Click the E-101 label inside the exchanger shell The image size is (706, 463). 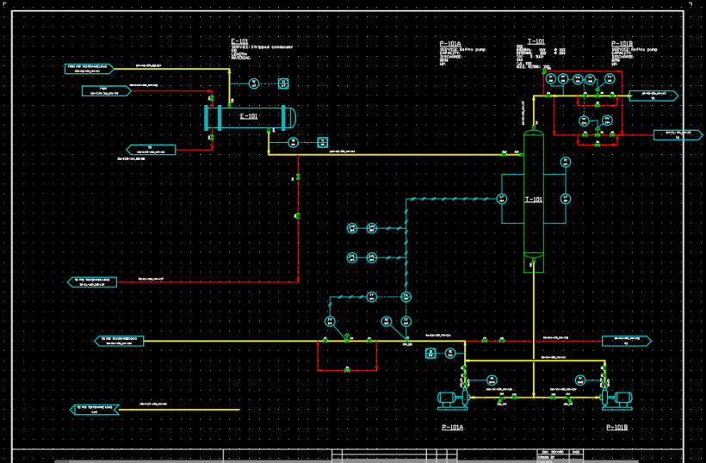[x=249, y=116]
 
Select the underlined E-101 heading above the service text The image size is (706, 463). [x=239, y=41]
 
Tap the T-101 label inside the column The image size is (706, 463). [x=534, y=200]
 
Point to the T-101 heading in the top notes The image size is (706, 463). [x=536, y=41]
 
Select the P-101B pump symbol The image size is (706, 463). [x=616, y=398]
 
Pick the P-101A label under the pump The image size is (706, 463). [x=452, y=427]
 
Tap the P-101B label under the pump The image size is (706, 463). [x=617, y=427]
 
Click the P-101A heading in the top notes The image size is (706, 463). [x=450, y=44]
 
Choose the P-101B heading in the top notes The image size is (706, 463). [x=622, y=44]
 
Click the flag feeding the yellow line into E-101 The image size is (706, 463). [x=90, y=66]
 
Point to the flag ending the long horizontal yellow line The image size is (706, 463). [x=120, y=341]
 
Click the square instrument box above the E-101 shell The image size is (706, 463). [x=283, y=83]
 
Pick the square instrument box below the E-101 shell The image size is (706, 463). [x=323, y=141]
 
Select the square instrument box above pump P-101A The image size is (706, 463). [x=451, y=353]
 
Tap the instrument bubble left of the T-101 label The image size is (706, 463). [x=503, y=199]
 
